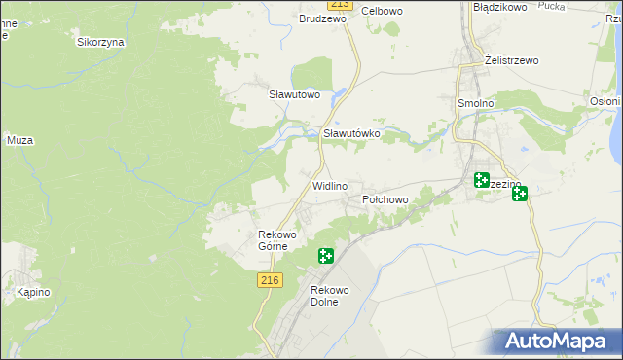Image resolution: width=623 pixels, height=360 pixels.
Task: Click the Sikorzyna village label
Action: pos(101,43)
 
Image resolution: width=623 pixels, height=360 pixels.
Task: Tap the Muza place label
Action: pos(20,140)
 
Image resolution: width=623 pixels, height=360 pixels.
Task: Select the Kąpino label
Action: pos(32,292)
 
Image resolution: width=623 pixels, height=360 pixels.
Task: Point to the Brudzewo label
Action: pos(323,18)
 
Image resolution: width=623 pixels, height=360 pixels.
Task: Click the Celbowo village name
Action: pos(382,11)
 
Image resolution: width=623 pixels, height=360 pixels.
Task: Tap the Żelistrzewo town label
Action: pos(512,60)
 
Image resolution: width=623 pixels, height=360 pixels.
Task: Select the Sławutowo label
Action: pos(295,94)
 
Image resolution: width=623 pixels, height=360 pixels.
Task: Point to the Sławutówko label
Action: pos(350,133)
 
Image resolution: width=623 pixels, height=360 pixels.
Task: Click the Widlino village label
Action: pos(330,185)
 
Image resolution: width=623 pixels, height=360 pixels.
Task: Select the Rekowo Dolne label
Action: pos(324,296)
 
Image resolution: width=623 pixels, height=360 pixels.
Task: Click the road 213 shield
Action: pos(337,3)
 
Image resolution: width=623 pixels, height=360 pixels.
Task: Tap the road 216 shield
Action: pos(271,280)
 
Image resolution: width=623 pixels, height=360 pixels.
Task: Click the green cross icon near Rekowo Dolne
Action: pos(326,256)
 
